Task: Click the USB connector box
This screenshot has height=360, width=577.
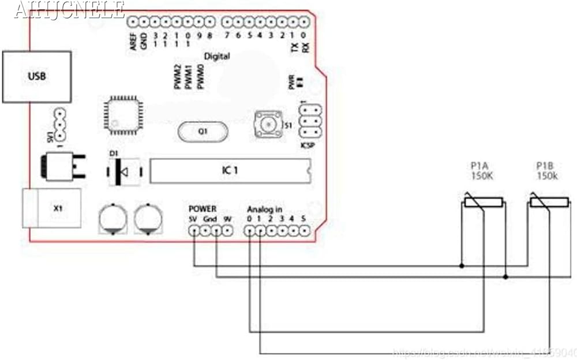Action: [x=37, y=76]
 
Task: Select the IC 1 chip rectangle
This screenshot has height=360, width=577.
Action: [x=230, y=171]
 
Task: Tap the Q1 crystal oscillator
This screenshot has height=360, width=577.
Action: [x=203, y=132]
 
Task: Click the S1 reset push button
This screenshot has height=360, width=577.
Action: [x=268, y=123]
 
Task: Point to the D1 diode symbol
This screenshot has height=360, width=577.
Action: [x=122, y=171]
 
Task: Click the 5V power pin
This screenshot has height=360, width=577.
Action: [x=194, y=231]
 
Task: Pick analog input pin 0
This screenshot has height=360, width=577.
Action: [x=249, y=231]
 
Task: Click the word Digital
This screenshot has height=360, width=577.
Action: [x=217, y=57]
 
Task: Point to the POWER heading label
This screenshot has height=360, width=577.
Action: [x=203, y=208]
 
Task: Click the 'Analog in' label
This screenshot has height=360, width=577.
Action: [x=265, y=208]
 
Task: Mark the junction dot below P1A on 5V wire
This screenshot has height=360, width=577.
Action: [x=462, y=266]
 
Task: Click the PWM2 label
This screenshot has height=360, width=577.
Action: [x=178, y=77]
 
